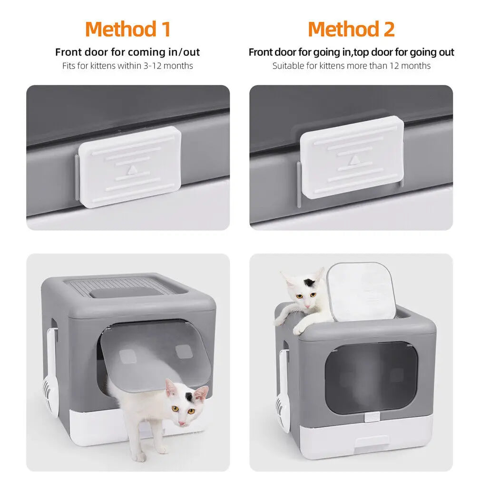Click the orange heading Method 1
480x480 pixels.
[x=127, y=29]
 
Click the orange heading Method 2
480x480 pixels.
[x=351, y=29]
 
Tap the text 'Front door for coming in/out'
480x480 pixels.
[x=127, y=52]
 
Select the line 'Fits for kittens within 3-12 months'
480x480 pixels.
[x=127, y=66]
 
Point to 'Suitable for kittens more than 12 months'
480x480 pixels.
[x=351, y=66]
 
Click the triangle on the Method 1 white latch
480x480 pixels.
[x=131, y=169]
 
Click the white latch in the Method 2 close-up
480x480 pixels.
[x=352, y=157]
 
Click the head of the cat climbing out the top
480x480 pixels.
[x=304, y=290]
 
